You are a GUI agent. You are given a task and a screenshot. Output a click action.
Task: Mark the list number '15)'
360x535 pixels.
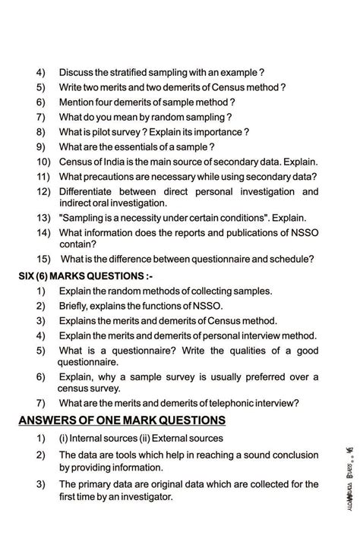[x=43, y=259]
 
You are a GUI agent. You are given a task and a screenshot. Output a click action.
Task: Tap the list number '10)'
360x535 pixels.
[x=43, y=162]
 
